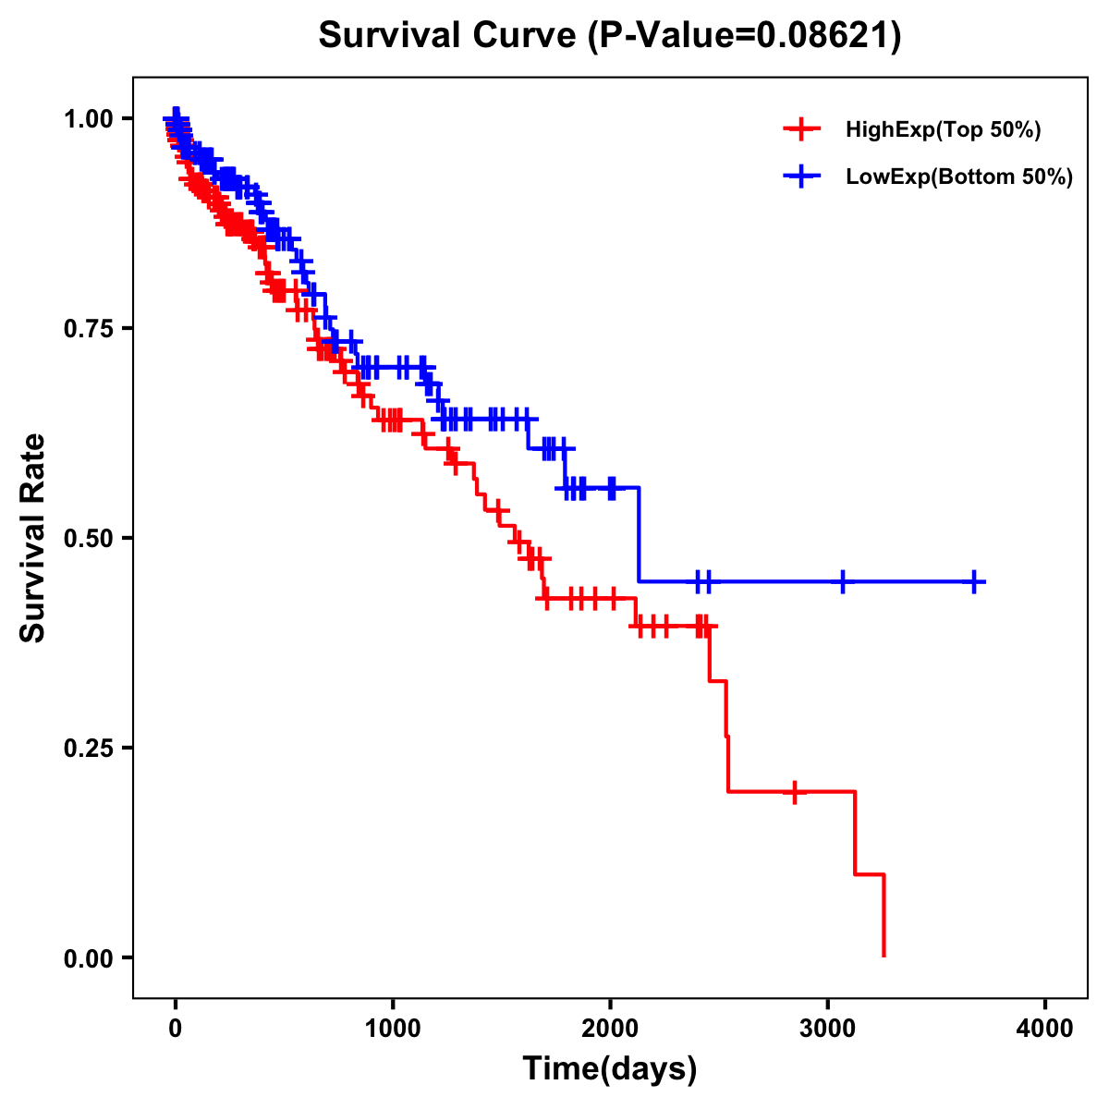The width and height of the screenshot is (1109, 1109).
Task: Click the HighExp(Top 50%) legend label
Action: point(943,130)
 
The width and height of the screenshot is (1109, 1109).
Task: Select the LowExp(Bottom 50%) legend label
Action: point(959,177)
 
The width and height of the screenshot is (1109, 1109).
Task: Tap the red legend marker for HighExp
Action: point(801,129)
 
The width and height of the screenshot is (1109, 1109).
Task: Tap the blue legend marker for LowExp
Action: point(801,176)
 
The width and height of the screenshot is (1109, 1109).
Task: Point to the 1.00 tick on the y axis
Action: point(88,118)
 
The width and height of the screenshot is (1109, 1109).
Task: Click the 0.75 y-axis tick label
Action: point(88,328)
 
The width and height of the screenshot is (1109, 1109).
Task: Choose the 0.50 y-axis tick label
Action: point(88,538)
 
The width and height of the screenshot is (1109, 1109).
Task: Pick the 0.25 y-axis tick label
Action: point(88,748)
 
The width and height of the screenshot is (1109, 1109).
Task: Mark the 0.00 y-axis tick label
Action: point(88,958)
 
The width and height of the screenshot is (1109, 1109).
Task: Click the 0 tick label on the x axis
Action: point(176,1029)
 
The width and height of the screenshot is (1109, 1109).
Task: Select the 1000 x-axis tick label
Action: point(393,1029)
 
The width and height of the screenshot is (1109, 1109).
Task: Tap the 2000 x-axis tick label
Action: point(610,1029)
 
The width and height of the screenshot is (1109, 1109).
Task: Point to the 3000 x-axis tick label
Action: point(828,1029)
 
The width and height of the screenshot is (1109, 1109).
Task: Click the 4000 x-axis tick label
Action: point(1045,1029)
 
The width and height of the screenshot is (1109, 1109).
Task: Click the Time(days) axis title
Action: point(610,1069)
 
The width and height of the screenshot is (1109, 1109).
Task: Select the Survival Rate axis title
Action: point(32,538)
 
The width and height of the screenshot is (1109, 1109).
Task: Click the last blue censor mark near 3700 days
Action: point(974,581)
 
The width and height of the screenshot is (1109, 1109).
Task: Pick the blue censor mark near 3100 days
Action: point(843,581)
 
